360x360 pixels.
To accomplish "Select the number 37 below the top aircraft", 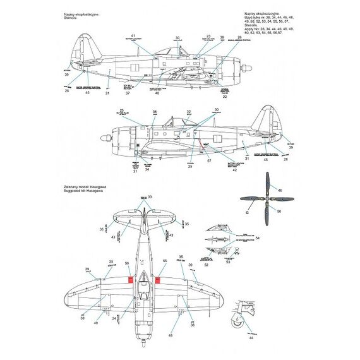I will tap(128, 93).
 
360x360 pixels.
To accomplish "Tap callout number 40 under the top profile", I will tap(157, 93).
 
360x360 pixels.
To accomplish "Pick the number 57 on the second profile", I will tap(208, 161).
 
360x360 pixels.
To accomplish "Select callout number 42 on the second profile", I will tap(234, 170).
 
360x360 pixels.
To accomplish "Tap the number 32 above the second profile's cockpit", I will tap(188, 112).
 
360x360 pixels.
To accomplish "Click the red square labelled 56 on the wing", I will tap(130, 280).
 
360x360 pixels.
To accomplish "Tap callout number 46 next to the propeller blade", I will tap(281, 189).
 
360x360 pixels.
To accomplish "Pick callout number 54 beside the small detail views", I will tap(258, 239).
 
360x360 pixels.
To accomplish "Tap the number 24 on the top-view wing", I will tap(114, 318).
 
